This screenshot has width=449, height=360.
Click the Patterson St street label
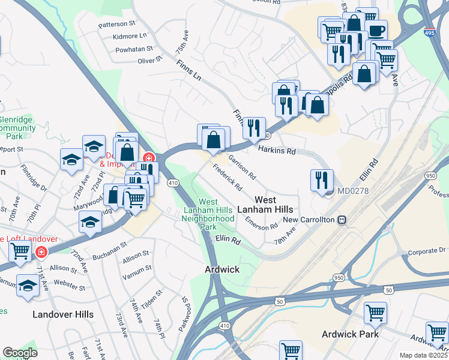coord(117,25)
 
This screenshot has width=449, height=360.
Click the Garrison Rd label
coord(242,168)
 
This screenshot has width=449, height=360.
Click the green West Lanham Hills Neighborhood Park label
coord(208,215)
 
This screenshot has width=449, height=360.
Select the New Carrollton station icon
coord(342,220)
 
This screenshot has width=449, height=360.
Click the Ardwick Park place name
coord(349,334)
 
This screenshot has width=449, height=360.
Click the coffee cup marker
coord(376,30)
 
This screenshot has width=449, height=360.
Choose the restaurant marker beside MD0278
coord(322,179)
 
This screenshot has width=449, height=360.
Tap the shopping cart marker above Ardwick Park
coord(375,312)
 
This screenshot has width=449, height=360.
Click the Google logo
coord(20,353)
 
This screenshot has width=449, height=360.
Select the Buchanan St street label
coord(106,245)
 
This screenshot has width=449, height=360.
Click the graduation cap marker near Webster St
coord(28,286)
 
